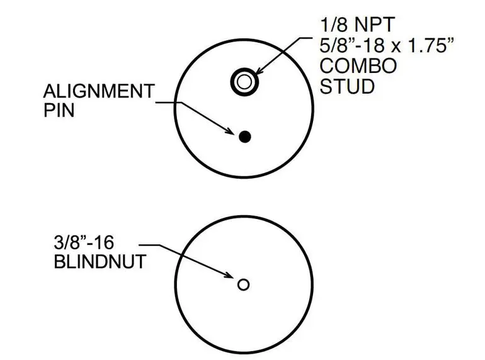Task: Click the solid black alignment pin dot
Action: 244,137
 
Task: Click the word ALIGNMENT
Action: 99,91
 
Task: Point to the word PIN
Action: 59,110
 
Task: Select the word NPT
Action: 375,25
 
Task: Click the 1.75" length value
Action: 431,45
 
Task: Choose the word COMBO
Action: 358,66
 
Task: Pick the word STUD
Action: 347,86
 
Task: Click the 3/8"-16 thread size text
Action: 84,242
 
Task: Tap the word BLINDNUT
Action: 100,262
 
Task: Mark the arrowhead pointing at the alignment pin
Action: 229,131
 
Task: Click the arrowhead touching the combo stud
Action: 260,71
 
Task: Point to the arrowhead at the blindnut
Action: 229,275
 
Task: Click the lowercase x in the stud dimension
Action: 397,47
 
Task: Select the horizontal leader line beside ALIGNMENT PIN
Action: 169,103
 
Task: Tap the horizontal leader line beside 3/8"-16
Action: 150,245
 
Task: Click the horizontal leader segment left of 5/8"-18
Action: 305,38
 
